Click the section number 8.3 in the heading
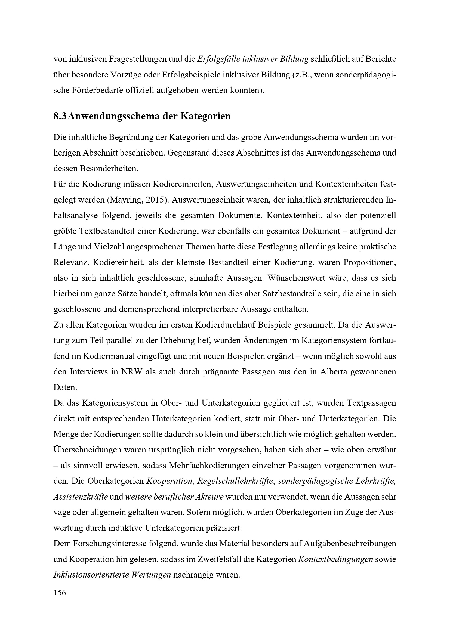(60, 116)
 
